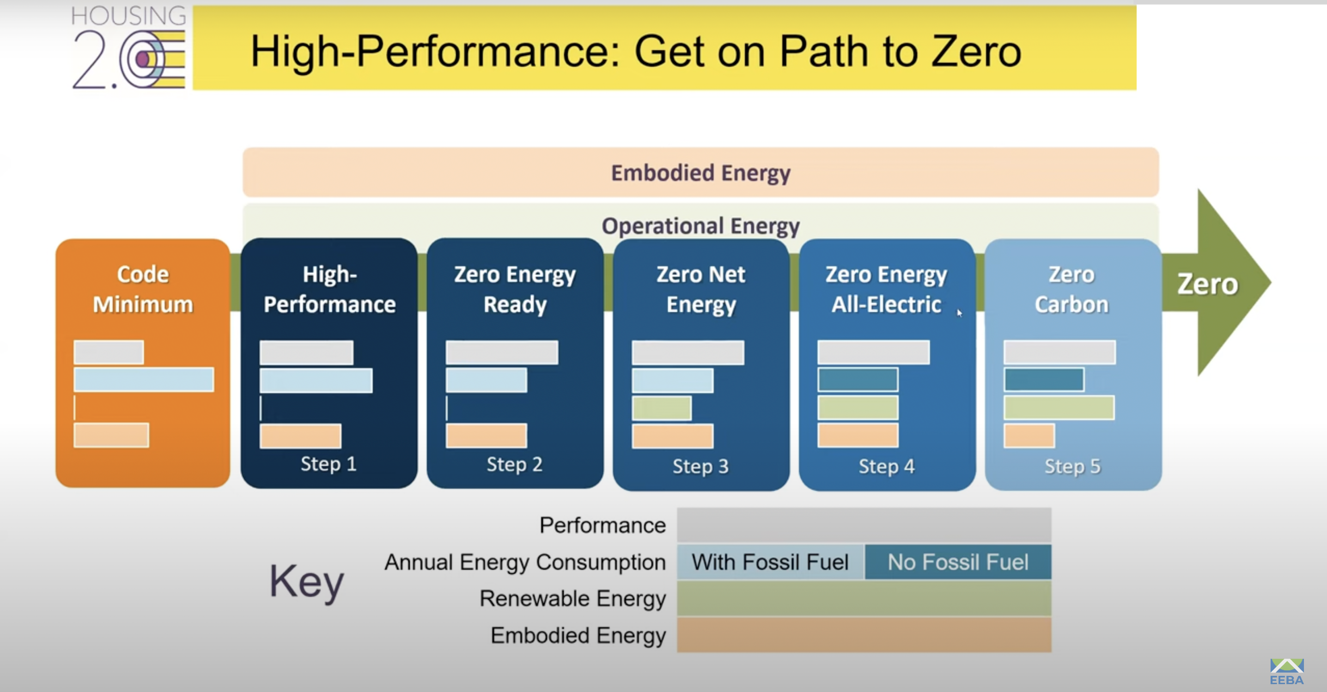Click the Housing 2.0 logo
(x=129, y=48)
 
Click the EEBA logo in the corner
(x=1286, y=671)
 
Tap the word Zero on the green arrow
(x=1207, y=284)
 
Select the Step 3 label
(x=700, y=467)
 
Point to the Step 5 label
(x=1072, y=467)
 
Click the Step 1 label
(x=329, y=464)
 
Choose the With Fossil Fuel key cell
(x=770, y=562)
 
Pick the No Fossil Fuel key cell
(x=958, y=562)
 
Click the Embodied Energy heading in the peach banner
(x=700, y=173)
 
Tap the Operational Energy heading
(x=700, y=226)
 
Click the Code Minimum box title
(x=143, y=289)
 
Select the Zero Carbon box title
(x=1071, y=289)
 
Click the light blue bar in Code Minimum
(x=144, y=379)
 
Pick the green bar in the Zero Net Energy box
(x=662, y=408)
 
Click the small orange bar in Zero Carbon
(x=1029, y=436)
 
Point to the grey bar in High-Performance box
(x=306, y=352)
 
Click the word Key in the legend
(x=306, y=581)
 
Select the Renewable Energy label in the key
(x=572, y=599)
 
